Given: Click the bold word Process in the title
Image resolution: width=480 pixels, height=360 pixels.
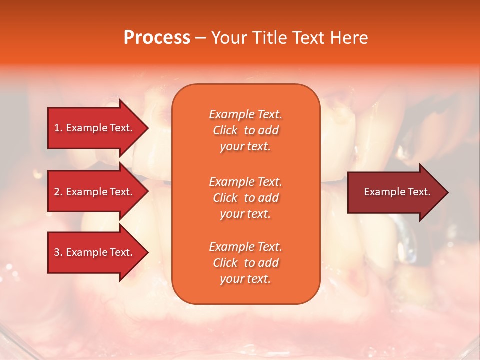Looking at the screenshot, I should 157,37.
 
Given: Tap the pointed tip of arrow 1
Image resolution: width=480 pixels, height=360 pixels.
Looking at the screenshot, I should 147,128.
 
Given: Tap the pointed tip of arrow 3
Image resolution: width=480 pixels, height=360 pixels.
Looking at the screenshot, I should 147,252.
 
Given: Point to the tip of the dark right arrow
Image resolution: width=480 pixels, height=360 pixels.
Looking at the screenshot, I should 447,192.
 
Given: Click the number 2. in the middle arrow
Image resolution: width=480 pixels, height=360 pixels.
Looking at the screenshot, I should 58,192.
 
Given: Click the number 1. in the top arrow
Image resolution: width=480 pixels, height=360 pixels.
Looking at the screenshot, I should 58,128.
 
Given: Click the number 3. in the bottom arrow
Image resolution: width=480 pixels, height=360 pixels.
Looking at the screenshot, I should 58,252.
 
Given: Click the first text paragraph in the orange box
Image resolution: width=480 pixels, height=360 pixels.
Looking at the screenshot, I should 245,130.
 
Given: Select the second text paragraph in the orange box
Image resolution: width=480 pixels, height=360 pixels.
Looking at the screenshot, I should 245,198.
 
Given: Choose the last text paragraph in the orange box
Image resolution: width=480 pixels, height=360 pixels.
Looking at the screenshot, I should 245,263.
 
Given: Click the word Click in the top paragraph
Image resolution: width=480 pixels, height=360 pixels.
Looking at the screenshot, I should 225,130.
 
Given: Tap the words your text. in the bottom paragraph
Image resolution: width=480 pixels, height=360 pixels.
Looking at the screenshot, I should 245,279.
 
